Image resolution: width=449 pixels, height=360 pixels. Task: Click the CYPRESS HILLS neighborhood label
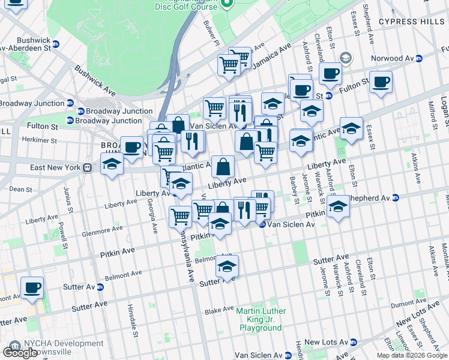pos(412,22)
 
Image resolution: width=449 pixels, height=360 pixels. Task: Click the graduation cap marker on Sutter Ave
pos(227,266)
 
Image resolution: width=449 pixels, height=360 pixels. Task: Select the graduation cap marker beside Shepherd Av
pos(339,208)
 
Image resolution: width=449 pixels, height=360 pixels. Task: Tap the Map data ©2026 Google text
pos(412,355)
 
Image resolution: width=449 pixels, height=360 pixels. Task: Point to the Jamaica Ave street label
pos(271,54)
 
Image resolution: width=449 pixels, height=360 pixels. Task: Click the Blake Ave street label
pos(218,310)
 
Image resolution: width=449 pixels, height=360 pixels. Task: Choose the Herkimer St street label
pos(37,140)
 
